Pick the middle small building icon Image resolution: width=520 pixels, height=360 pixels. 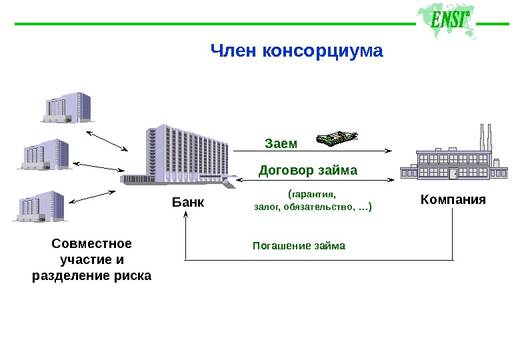46,154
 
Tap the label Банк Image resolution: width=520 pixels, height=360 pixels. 188,201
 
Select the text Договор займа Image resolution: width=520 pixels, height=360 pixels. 308,170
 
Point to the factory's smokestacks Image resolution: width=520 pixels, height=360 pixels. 485,138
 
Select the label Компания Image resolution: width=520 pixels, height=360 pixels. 453,199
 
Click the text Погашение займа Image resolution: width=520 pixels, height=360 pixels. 299,246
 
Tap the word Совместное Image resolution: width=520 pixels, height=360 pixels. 92,243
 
